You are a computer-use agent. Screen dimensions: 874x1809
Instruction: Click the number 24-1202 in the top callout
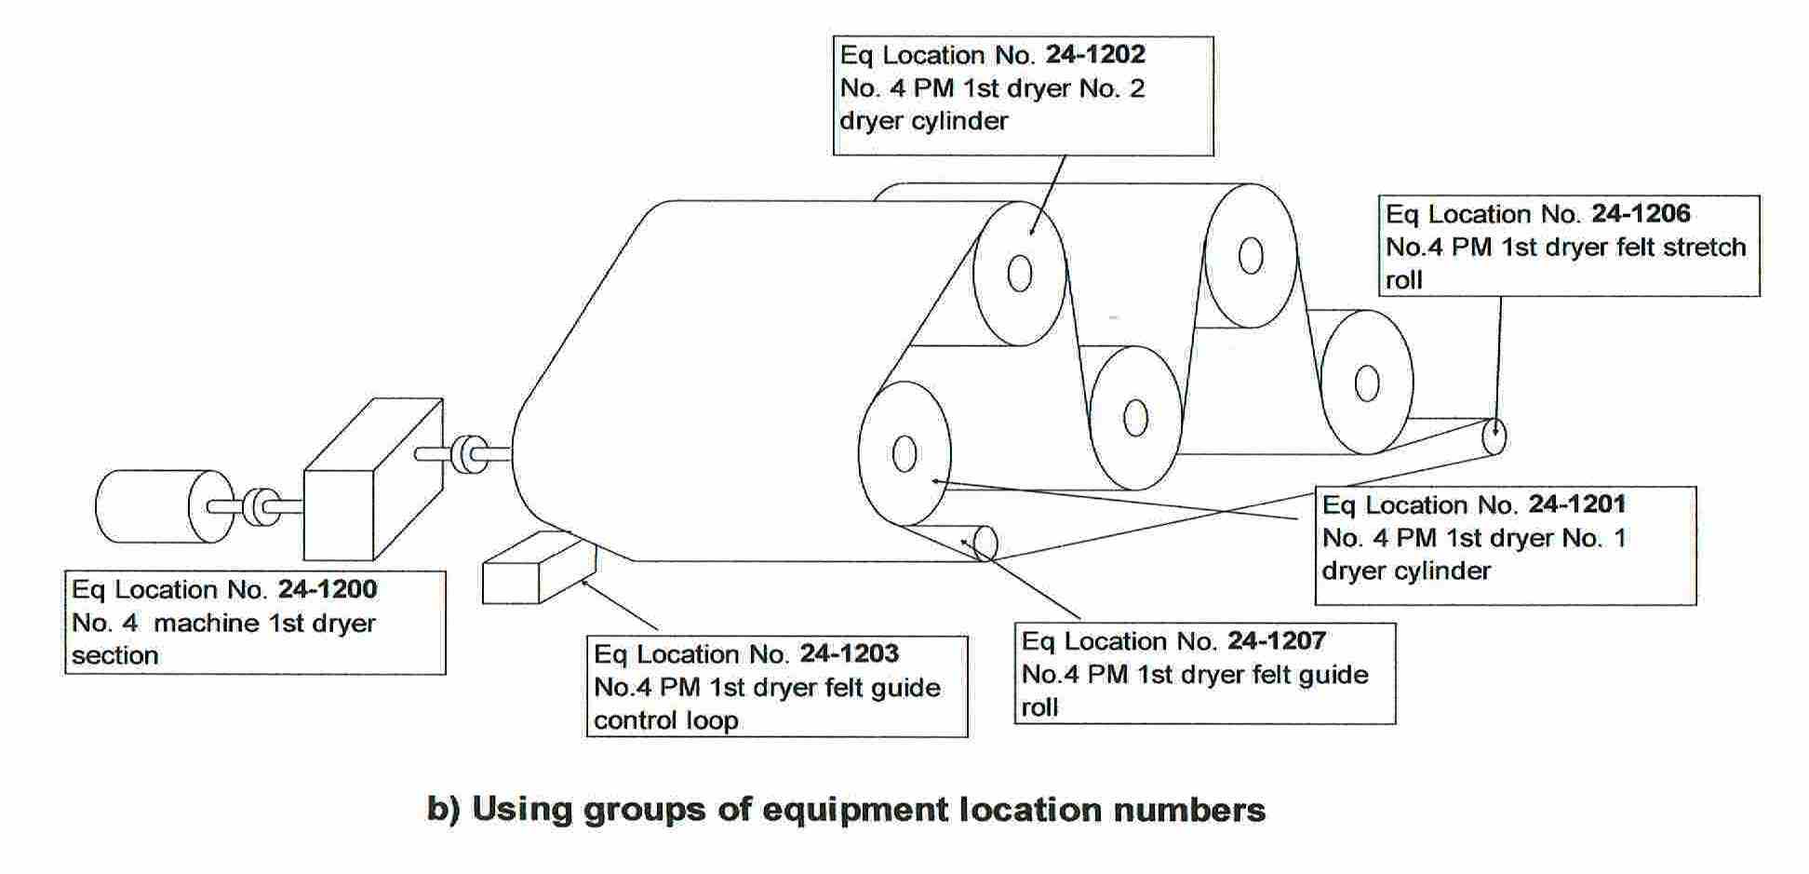pos(1094,55)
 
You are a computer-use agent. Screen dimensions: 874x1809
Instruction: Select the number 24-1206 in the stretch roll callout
pos(1641,214)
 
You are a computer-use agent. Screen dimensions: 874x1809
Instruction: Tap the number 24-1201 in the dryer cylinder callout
pos(1577,504)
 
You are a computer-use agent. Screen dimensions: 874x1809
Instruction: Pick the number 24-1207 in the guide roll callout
pos(1276,640)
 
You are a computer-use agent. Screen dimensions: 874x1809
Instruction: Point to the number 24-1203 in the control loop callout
pos(849,653)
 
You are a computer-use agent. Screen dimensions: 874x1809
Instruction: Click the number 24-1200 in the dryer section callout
pos(327,589)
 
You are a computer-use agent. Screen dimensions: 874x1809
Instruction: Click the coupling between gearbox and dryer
pos(463,454)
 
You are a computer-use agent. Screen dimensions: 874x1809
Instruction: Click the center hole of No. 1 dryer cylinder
pos(904,454)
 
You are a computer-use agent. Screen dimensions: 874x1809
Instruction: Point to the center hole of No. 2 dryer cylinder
pos(1020,274)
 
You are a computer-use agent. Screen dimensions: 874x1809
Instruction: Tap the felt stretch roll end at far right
pos(1494,437)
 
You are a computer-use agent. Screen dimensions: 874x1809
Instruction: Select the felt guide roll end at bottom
pos(984,545)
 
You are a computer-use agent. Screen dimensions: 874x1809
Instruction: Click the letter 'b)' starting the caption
pos(444,809)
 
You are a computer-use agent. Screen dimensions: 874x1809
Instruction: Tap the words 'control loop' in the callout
pos(665,720)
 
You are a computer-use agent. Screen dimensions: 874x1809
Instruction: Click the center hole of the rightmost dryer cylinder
pos(1367,383)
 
